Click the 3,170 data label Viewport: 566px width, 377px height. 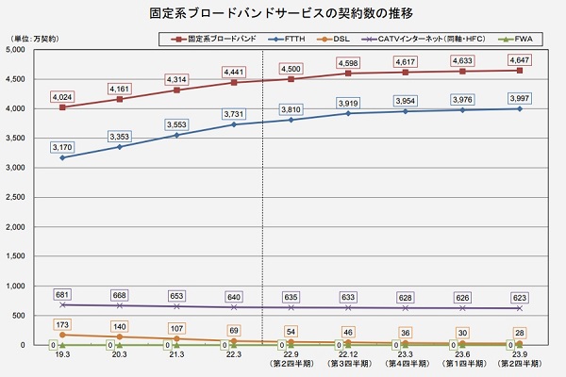(x=63, y=146)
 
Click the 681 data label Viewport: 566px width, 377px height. (x=63, y=294)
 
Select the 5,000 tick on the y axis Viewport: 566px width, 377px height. (x=19, y=49)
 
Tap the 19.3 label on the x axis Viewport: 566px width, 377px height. (x=63, y=354)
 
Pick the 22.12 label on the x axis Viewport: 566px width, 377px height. (x=347, y=354)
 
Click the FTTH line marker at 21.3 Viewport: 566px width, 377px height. (x=177, y=135)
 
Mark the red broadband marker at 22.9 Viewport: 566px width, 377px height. (x=291, y=79)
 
